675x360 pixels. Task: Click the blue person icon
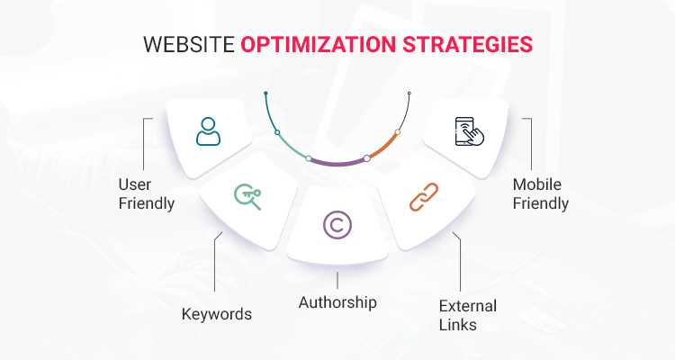click(208, 132)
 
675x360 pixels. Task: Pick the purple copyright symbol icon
click(337, 226)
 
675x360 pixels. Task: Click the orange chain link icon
click(423, 197)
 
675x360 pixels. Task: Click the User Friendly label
click(146, 193)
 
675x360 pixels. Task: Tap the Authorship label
click(337, 301)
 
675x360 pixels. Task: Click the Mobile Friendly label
click(540, 193)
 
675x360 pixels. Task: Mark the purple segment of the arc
click(337, 164)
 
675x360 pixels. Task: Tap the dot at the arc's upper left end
click(266, 92)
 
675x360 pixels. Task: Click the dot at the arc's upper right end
click(409, 92)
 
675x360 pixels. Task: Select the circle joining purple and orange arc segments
click(366, 158)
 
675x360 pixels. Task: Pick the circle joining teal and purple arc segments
click(309, 158)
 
